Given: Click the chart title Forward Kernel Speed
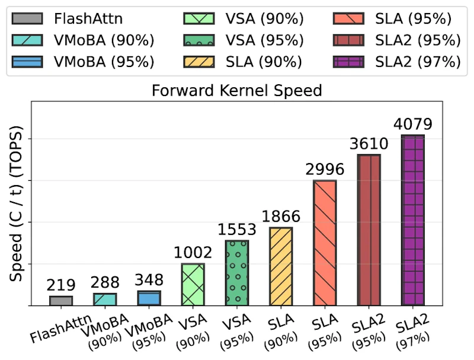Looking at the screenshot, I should pyautogui.click(x=236, y=91).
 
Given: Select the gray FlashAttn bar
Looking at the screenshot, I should pyautogui.click(x=61, y=301).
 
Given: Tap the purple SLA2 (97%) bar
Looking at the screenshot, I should pyautogui.click(x=412, y=220).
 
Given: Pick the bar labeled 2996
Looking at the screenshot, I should pyautogui.click(x=325, y=243).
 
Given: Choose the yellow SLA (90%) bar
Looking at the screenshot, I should pyautogui.click(x=281, y=266).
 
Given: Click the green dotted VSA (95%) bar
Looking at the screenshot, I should pyautogui.click(x=237, y=273).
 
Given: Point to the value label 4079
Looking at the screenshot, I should pyautogui.click(x=412, y=125).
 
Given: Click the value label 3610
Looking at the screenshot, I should pyautogui.click(x=369, y=144).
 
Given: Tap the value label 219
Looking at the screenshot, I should pyautogui.click(x=61, y=285).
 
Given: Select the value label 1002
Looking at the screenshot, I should pyautogui.click(x=193, y=253).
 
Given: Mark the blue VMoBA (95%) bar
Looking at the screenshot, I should pyautogui.click(x=149, y=298).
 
